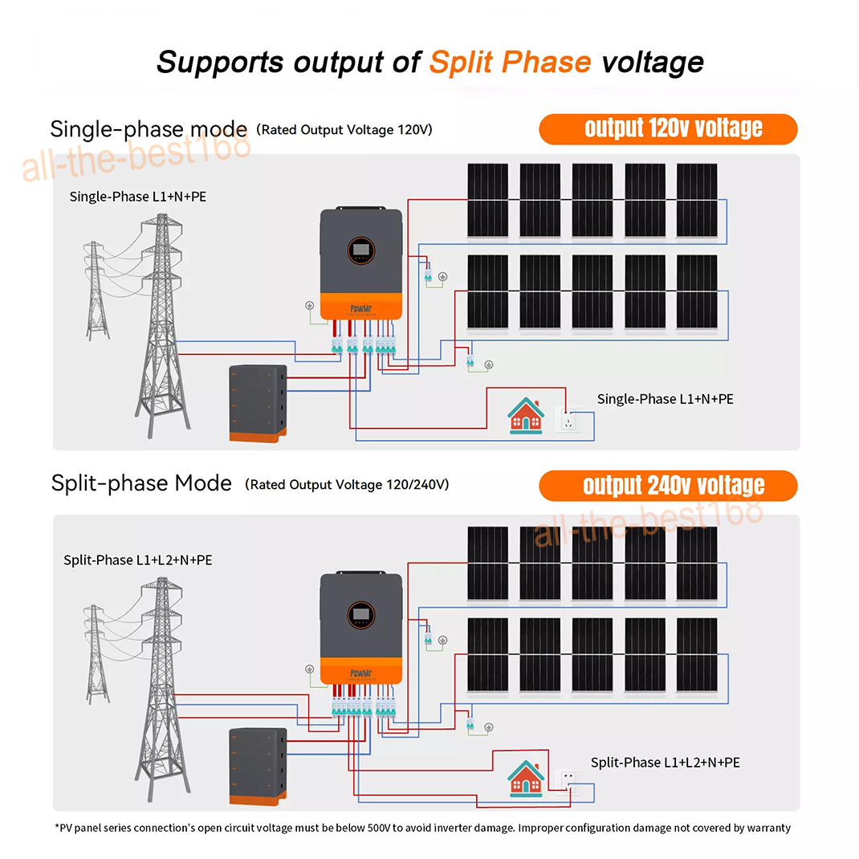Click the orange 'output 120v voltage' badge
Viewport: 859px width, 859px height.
668,129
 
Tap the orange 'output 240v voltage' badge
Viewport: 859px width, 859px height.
668,486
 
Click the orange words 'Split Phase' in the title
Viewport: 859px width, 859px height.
510,62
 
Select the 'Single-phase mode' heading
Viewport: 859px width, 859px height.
149,130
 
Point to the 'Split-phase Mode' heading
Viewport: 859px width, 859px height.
141,484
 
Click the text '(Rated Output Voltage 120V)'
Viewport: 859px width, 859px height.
344,130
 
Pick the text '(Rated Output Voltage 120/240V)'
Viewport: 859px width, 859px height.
347,485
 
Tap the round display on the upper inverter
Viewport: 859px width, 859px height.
361,250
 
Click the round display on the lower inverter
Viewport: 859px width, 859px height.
361,615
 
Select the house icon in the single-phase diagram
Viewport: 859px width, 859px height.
526,416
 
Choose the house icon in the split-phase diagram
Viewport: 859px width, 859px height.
526,779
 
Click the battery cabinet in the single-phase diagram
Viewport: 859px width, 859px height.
258,403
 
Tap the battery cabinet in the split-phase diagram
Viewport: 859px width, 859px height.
258,767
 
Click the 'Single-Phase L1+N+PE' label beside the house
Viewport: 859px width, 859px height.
665,399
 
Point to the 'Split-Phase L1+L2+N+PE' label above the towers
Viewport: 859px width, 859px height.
138,560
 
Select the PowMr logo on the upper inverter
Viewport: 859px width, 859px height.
361,308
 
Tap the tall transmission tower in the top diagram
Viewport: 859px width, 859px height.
162,326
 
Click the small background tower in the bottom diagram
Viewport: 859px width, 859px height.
96,654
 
